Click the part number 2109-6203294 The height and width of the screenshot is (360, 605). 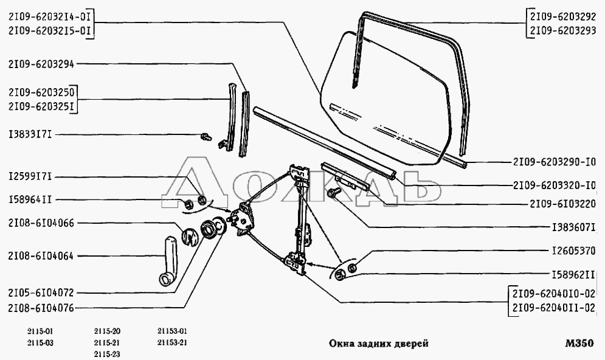(41, 64)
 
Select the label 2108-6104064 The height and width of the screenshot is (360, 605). (41, 256)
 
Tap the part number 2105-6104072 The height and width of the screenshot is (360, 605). (41, 292)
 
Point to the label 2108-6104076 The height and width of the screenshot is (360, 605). (41, 308)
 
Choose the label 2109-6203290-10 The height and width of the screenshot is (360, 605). (554, 163)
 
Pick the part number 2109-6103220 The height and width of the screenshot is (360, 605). (554, 204)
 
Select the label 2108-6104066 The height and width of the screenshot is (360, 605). (41, 223)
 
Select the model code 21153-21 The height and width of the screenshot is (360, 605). (171, 343)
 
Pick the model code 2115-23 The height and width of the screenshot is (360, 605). (108, 354)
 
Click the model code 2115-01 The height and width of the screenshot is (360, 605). (41, 331)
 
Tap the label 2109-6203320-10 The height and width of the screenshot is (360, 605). (554, 184)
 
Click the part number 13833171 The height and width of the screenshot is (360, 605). (30, 134)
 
